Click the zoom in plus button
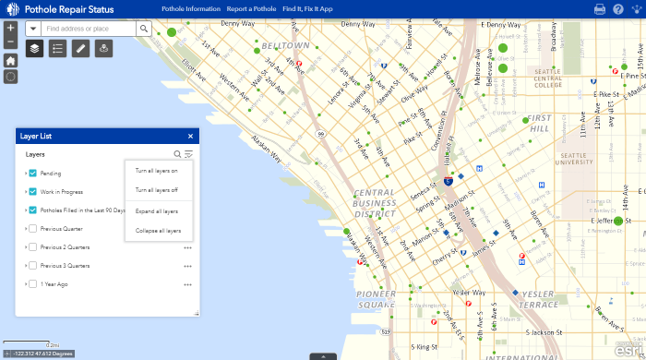[x=10, y=28]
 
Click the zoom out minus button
[x=10, y=42]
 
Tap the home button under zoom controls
[x=10, y=60]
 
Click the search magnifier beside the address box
[x=144, y=29]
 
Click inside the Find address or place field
[x=89, y=29]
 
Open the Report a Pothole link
[x=251, y=8]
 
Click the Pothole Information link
[x=190, y=8]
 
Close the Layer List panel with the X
[x=190, y=136]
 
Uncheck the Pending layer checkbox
[x=33, y=173]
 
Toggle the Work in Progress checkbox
[x=33, y=191]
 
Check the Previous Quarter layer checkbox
[x=33, y=228]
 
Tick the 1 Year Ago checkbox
[x=33, y=284]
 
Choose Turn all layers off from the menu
[x=157, y=190]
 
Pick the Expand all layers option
[x=157, y=211]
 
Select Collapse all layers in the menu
[x=158, y=231]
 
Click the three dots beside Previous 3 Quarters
[x=187, y=266]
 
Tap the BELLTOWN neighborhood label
[x=285, y=45]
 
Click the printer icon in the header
[x=600, y=9]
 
